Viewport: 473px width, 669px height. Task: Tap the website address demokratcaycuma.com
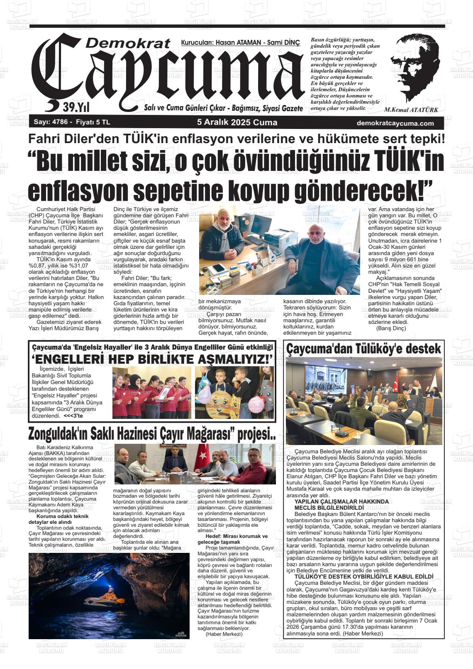(395, 123)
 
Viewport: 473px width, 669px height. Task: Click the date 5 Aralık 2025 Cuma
(237, 123)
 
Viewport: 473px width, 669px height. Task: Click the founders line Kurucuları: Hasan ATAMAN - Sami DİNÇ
(240, 43)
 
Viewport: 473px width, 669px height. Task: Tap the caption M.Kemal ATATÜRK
(411, 110)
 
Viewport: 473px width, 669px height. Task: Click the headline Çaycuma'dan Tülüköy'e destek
(363, 349)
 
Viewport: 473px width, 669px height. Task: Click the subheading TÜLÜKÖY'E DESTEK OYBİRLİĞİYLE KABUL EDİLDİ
(363, 577)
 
